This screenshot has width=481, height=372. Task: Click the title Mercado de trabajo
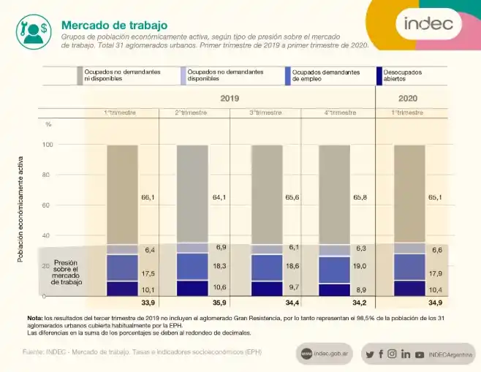tap(114, 26)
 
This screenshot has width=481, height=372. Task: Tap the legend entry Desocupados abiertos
tap(402, 76)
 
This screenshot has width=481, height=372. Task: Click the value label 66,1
tap(148, 197)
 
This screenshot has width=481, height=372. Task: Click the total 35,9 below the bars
tap(219, 303)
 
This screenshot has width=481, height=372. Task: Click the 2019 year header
tap(230, 98)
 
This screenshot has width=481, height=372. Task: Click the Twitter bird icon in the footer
tap(370, 354)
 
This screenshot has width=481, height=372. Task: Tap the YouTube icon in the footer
tap(419, 354)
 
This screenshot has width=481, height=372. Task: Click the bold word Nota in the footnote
tap(34, 318)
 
